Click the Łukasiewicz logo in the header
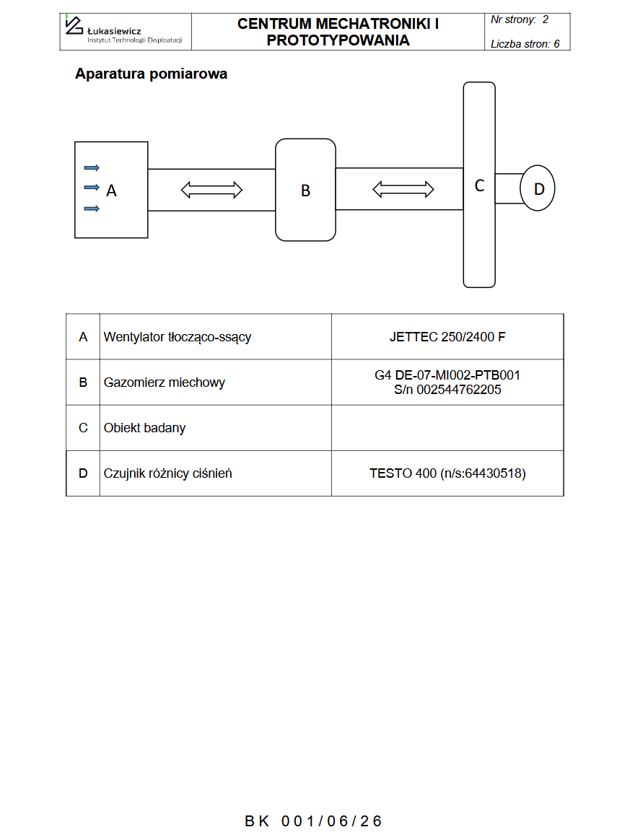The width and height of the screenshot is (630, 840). click(123, 31)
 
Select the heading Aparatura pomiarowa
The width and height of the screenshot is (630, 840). click(151, 74)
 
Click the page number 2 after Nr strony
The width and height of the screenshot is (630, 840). click(546, 19)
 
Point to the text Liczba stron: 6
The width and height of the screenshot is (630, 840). click(525, 44)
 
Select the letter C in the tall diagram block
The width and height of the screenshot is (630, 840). click(479, 185)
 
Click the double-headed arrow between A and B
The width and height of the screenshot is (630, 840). click(211, 190)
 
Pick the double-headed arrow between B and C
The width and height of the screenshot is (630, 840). click(403, 189)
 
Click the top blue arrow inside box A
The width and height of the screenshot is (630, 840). click(92, 168)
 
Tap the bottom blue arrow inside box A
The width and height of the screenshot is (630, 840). click(92, 209)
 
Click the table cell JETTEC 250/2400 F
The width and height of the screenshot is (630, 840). click(447, 337)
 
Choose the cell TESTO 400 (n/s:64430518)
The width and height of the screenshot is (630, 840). click(447, 473)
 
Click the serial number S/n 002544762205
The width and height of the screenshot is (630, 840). click(447, 390)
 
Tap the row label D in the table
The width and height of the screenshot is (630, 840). click(83, 473)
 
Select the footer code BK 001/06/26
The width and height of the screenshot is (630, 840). click(313, 821)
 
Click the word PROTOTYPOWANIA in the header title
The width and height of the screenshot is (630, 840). click(338, 40)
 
